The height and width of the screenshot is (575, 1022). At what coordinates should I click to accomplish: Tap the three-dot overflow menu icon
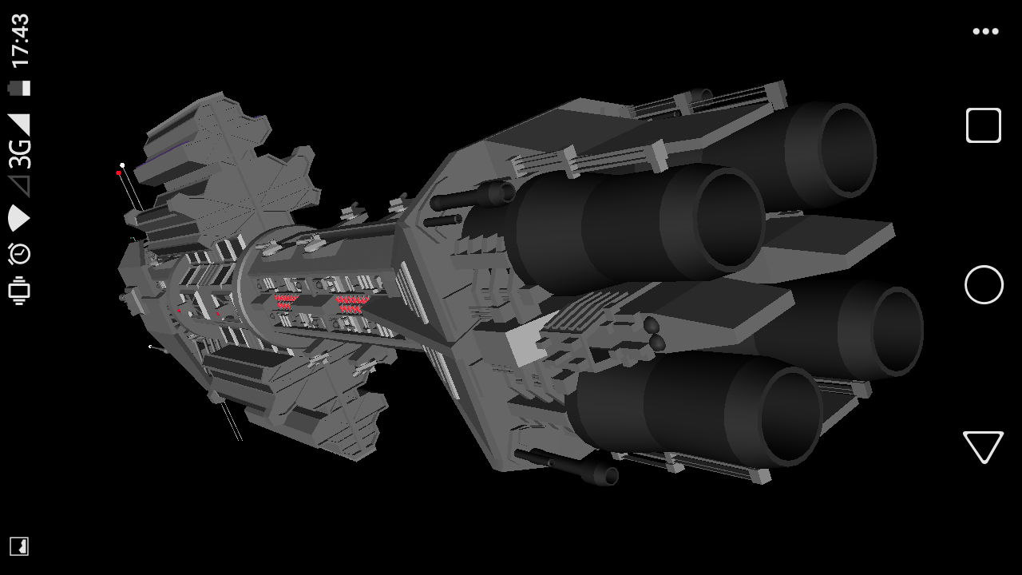coord(985,31)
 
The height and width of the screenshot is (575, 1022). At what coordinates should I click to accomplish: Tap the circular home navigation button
coord(984,285)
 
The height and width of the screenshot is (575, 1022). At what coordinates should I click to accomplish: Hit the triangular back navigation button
coord(983,446)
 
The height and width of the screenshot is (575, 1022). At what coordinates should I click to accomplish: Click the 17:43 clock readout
coord(20,41)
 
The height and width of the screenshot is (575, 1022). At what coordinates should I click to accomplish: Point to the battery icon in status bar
coord(19,88)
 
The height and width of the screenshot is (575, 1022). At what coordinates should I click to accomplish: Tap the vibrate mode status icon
coord(19,291)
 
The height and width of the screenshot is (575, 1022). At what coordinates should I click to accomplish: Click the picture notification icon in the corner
coord(19,546)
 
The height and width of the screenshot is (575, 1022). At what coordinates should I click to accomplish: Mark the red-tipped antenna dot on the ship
coord(119,173)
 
